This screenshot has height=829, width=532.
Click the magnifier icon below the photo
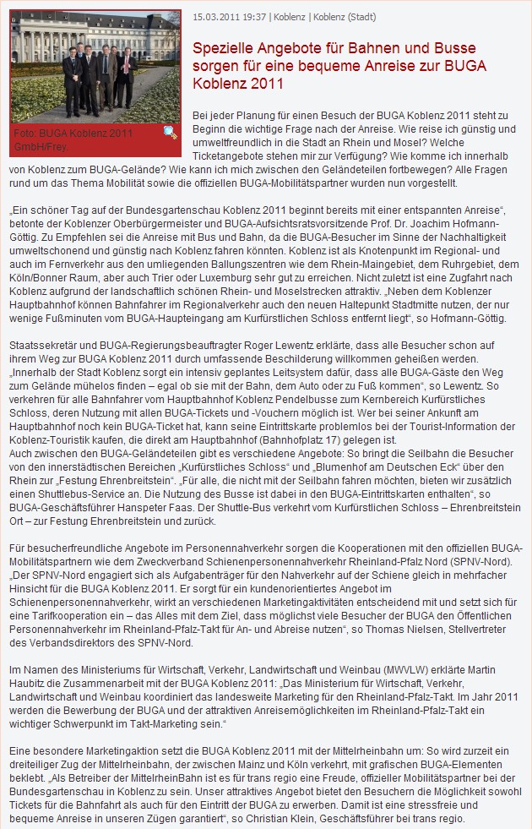pyautogui.click(x=170, y=133)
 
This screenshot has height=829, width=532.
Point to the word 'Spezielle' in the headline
pyautogui.click(x=223, y=47)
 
